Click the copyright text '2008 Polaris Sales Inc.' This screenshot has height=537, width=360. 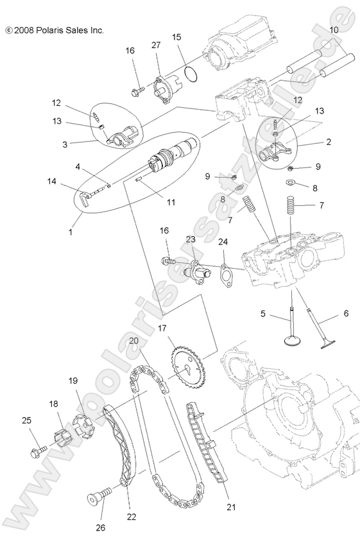(54, 30)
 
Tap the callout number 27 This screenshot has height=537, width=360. (155, 44)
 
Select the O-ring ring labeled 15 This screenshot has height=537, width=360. (187, 73)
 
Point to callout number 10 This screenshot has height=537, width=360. (334, 30)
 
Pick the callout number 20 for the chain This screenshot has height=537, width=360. (133, 341)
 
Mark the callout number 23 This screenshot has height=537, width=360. (191, 239)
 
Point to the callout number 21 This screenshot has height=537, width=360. (232, 507)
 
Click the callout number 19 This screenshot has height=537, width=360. (74, 380)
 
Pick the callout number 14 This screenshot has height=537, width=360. (51, 182)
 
